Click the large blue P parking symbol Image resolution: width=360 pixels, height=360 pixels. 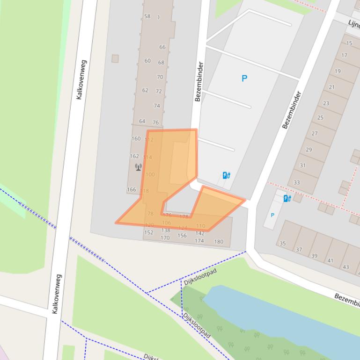tap(244, 79)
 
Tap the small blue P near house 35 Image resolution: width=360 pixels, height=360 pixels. tap(272, 215)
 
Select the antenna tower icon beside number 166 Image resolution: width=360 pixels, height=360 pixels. tap(138, 167)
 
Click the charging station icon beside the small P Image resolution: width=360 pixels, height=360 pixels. tap(287, 198)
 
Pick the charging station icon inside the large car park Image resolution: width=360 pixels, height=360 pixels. tap(226, 175)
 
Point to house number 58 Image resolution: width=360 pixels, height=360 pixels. tap(147, 16)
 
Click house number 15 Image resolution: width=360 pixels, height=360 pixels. tap(349, 43)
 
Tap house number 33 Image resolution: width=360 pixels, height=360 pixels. tap(297, 182)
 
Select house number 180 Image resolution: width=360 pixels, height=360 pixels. tap(219, 242)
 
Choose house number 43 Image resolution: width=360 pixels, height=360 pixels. tap(346, 267)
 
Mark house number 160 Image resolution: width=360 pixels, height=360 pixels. tap(136, 138)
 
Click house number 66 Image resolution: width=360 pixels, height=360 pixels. tap(162, 47)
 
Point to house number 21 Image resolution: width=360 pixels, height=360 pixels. tap(331, 87)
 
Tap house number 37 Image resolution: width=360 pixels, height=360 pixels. tap(299, 250)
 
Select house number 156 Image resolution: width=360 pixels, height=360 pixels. tap(182, 236)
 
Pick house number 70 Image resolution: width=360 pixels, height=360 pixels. tap(160, 77)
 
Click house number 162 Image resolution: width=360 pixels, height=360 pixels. tap(134, 156)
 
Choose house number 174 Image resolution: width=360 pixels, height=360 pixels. tap(199, 241)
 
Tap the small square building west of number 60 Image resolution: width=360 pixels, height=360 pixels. tap(115, 58)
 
